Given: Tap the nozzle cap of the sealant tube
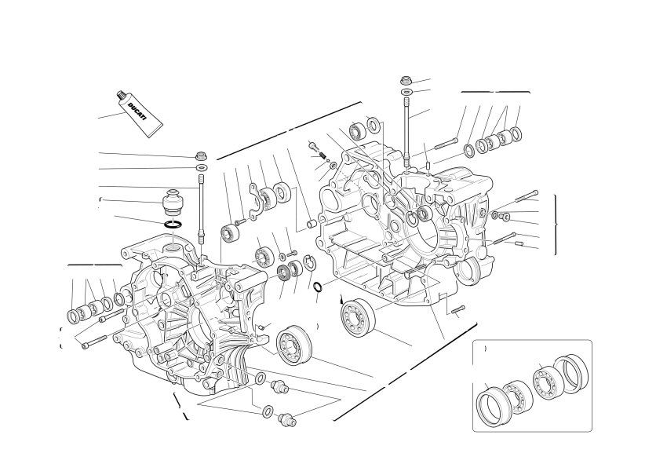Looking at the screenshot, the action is pos(121,95).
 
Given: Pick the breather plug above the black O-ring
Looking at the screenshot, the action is pos(173,203).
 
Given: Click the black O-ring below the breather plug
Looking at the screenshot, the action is pos(173,225).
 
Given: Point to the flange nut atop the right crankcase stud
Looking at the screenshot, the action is pos(406,80).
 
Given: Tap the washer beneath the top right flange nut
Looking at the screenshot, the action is pos(406,92).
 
